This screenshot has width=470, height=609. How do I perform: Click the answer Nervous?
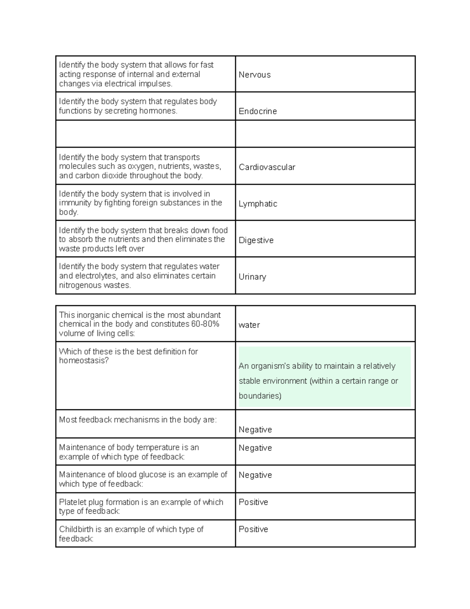pos(255,75)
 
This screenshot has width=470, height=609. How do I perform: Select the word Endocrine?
pos(258,111)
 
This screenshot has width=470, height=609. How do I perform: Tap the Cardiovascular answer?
pos(267,167)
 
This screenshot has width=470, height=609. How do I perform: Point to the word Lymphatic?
pos(258,204)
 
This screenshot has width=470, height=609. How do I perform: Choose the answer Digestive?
pos(256,240)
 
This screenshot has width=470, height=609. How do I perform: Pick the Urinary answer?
pos(252,277)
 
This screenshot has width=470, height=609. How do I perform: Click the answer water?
pos(249,325)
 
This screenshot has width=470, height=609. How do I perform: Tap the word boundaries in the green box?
pos(260,396)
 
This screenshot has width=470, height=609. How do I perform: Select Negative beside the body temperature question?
pos(255,448)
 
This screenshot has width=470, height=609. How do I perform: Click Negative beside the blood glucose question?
pos(255,475)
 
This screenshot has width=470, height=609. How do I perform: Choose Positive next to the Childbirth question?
pos(253,529)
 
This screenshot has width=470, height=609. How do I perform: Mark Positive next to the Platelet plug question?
pos(253,502)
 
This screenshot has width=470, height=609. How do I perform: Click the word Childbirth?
pos(76,529)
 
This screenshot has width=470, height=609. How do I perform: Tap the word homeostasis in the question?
pos(83,361)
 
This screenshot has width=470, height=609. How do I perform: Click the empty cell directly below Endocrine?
pos(325,134)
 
